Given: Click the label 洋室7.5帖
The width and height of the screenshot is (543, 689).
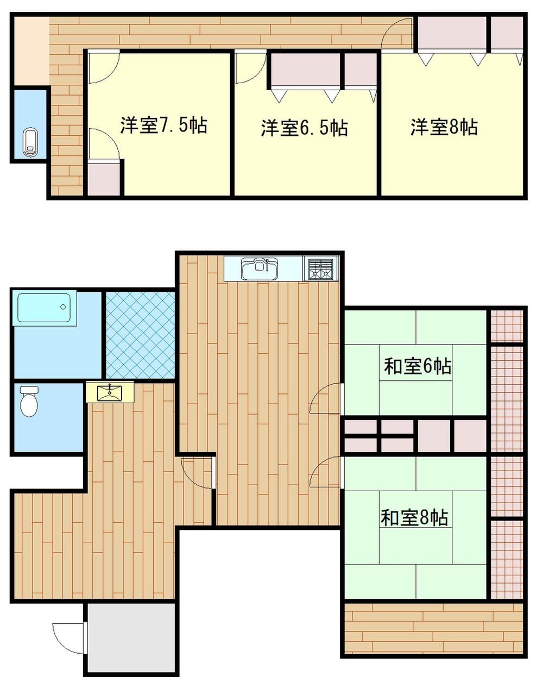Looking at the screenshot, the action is (x=164, y=125).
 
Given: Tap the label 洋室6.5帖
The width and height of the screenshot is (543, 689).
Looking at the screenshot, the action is (x=304, y=128).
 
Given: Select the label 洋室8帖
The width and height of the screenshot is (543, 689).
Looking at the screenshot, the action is (x=445, y=127).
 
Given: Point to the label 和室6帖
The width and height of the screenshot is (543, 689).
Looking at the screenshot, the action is (x=418, y=366).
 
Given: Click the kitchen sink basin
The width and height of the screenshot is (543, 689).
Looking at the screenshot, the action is (x=260, y=268).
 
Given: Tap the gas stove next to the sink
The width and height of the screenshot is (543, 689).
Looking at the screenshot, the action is (x=320, y=268).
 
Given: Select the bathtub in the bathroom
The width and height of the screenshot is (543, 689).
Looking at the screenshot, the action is (x=44, y=308).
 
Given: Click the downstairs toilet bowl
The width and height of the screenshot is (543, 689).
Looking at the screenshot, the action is (x=29, y=402).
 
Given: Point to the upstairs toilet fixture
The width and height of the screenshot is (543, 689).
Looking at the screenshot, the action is (x=31, y=142).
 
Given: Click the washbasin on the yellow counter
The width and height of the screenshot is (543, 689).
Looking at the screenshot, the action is (x=110, y=392).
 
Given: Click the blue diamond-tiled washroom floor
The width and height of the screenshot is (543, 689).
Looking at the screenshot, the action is (x=141, y=335).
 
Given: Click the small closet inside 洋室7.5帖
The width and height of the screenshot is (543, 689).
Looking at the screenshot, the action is (x=104, y=179).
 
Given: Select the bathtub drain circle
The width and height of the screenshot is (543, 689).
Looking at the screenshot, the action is (x=63, y=306).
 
